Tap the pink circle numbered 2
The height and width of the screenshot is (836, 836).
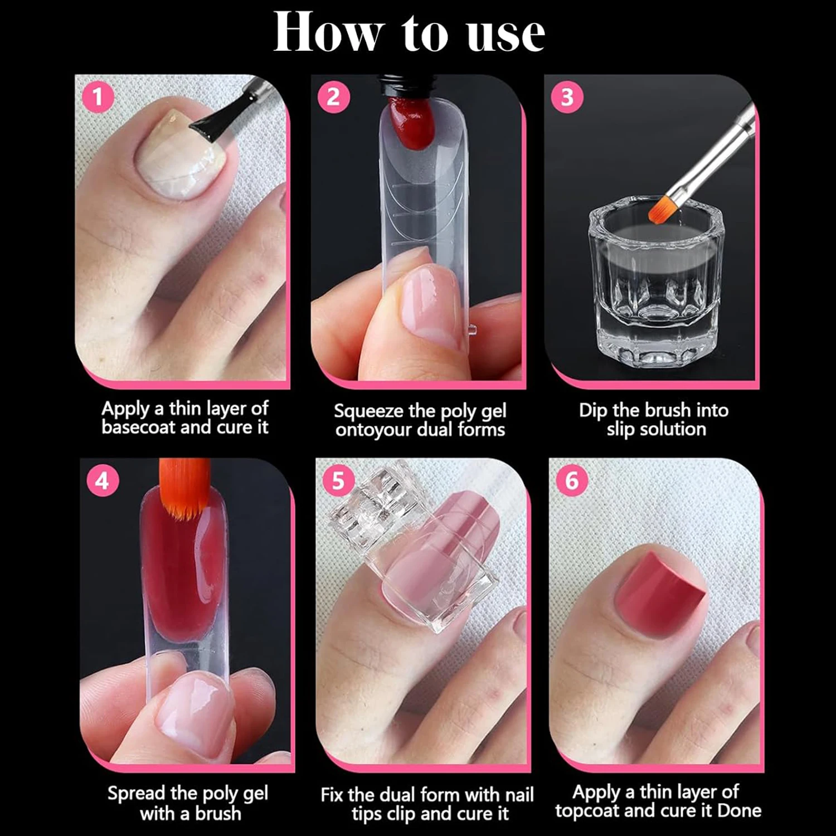(x=333, y=97)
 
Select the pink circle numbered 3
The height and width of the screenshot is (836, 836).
(x=567, y=97)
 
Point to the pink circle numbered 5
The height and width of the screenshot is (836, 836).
(x=338, y=480)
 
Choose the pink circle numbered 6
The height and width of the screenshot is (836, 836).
(x=572, y=480)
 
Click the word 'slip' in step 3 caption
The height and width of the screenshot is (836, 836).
(x=620, y=429)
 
